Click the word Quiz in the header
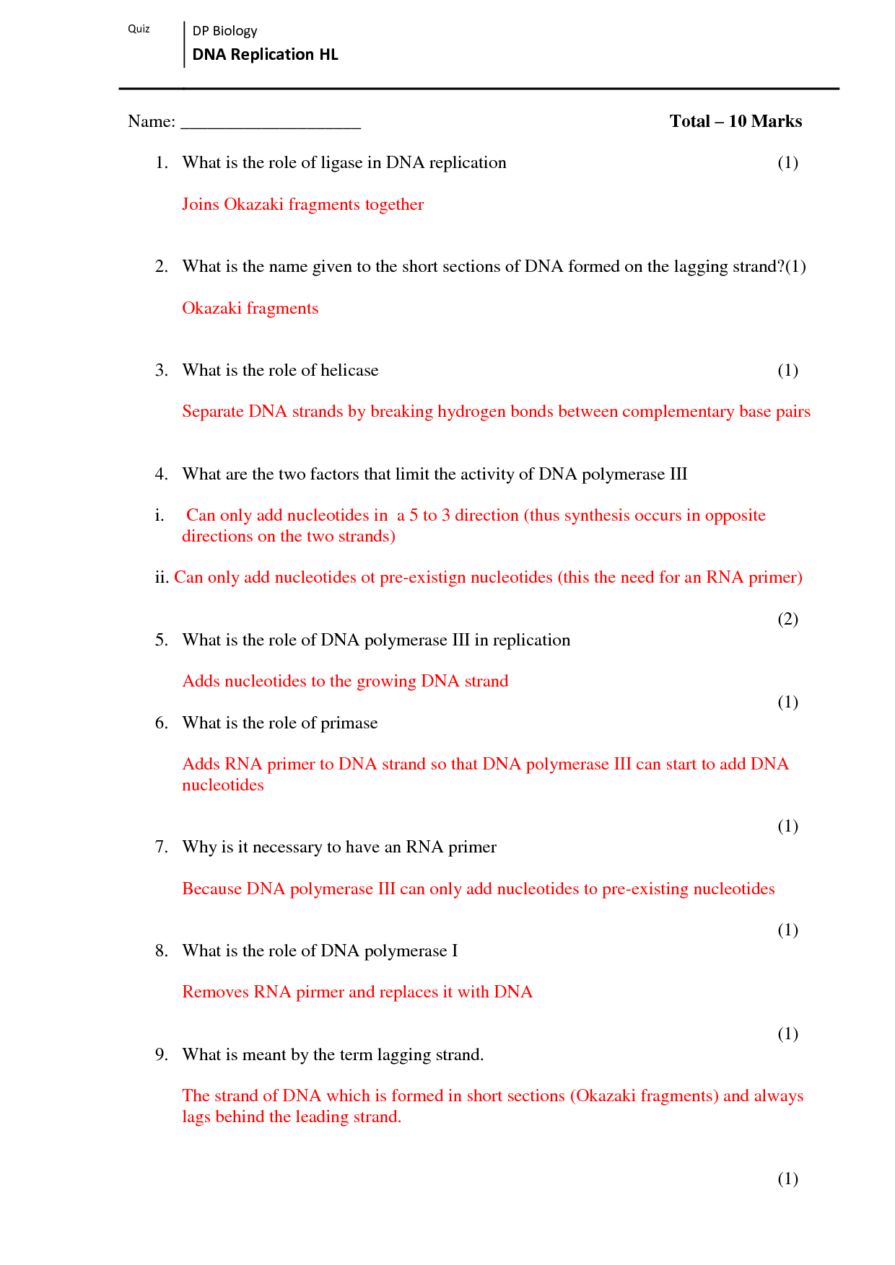(139, 29)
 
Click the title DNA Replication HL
(265, 55)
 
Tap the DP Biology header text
(224, 31)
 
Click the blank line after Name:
(270, 123)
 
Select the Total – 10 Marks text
(735, 121)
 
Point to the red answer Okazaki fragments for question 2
(250, 309)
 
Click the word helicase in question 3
(349, 371)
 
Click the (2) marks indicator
(787, 619)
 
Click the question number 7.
(161, 847)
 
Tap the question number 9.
(161, 1055)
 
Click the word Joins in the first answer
(200, 205)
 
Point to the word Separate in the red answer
(213, 412)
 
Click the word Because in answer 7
(211, 889)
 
